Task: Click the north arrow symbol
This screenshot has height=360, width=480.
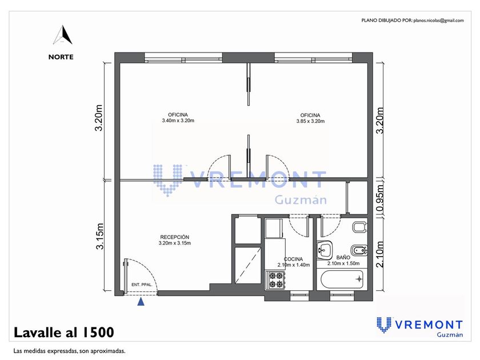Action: (x=63, y=35)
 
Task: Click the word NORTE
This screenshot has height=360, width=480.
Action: (x=61, y=57)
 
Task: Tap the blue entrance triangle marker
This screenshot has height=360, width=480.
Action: (x=141, y=302)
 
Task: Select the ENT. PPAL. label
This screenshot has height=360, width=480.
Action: (x=142, y=285)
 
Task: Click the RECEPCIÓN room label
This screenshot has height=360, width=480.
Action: (x=174, y=237)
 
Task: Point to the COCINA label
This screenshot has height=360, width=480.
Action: (x=293, y=259)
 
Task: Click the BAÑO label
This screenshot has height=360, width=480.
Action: (x=343, y=258)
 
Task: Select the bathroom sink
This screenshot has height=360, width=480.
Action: (x=324, y=249)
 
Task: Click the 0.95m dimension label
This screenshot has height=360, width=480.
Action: (x=379, y=198)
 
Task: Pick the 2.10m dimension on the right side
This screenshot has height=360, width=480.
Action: (x=379, y=254)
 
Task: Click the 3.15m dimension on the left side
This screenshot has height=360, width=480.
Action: (x=100, y=237)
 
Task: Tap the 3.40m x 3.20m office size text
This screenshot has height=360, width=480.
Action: (x=178, y=121)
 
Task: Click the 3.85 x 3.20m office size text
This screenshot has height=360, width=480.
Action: (x=310, y=121)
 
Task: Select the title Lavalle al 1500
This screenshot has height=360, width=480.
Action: (x=64, y=333)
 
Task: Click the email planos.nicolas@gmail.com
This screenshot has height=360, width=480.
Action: (x=438, y=21)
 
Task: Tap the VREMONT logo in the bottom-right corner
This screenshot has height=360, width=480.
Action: (x=419, y=327)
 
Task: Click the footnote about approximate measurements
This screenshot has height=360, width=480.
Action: (x=69, y=351)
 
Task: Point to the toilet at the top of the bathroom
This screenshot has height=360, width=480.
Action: (x=359, y=227)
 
